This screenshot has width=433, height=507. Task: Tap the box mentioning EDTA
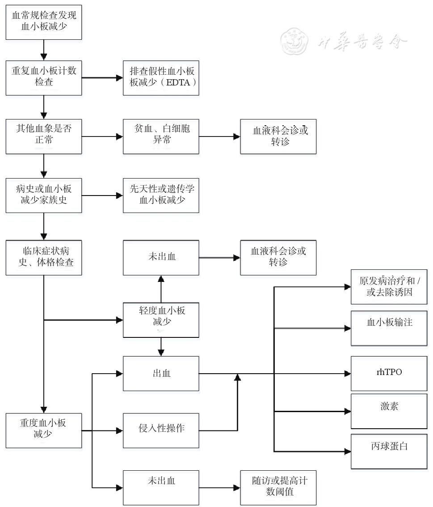click(x=161, y=77)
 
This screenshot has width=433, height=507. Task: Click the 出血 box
click(x=161, y=373)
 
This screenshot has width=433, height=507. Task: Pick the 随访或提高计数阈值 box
click(x=278, y=487)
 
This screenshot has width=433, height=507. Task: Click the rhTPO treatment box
click(x=389, y=373)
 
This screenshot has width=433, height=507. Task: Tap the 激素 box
click(x=389, y=410)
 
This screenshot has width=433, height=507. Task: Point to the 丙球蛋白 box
click(x=389, y=451)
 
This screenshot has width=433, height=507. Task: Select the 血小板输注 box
click(x=389, y=327)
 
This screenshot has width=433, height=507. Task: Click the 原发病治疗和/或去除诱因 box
click(x=389, y=287)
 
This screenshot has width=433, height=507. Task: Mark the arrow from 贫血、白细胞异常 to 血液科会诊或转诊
click(x=219, y=136)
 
